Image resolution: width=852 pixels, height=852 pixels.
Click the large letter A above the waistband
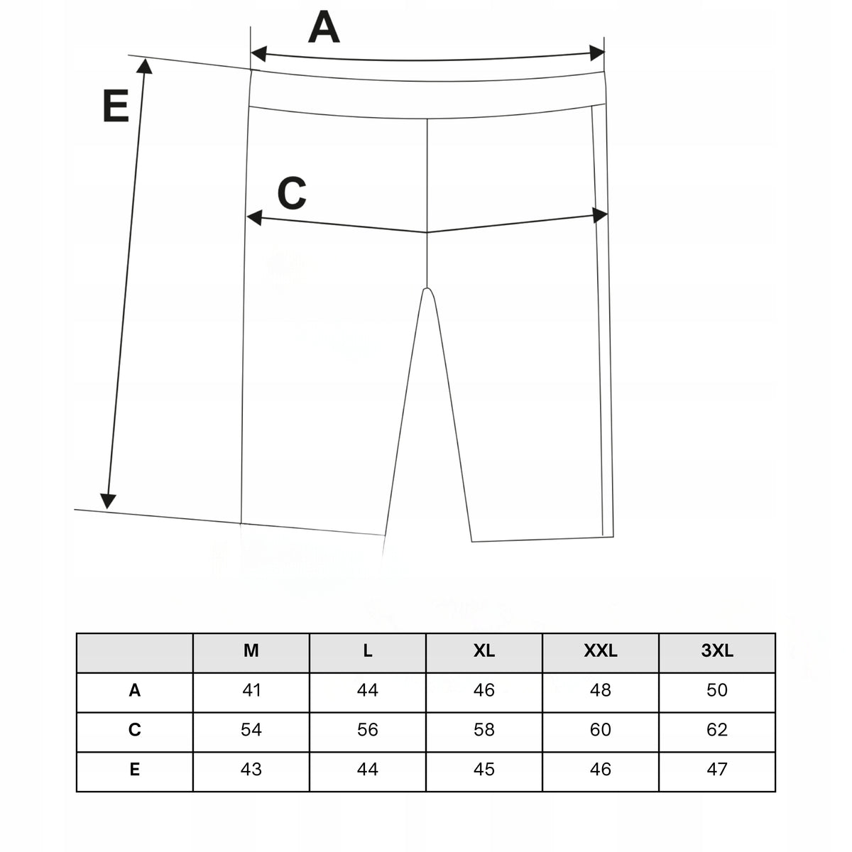[x=324, y=28]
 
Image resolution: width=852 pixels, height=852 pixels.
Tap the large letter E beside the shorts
[x=116, y=106]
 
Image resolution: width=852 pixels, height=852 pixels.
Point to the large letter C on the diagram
[x=292, y=193]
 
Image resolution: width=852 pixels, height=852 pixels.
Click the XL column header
[x=484, y=650]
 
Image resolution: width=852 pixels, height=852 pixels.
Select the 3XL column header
[x=716, y=650]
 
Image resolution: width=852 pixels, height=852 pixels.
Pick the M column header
[x=251, y=650]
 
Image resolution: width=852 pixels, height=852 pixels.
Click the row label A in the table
[x=135, y=689]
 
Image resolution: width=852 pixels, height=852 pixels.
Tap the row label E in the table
[x=135, y=770]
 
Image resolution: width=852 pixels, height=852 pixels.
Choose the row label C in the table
[x=135, y=730]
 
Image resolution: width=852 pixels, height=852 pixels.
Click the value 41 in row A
[x=251, y=689]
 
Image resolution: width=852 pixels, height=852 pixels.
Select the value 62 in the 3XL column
[x=716, y=730]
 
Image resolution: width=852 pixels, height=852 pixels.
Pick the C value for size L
[x=367, y=730]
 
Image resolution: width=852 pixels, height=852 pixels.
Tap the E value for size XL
[x=484, y=770]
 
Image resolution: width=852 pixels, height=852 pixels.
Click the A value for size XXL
[x=601, y=689]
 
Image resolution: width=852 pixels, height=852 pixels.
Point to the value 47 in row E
[x=716, y=770]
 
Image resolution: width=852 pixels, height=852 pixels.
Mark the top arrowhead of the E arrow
[x=145, y=65]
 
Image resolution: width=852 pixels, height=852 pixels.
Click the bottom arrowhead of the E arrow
[x=108, y=501]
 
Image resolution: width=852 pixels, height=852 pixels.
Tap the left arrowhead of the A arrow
[x=258, y=53]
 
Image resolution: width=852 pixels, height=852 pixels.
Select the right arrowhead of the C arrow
[x=600, y=215]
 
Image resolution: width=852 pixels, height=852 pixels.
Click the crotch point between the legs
[x=427, y=288]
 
